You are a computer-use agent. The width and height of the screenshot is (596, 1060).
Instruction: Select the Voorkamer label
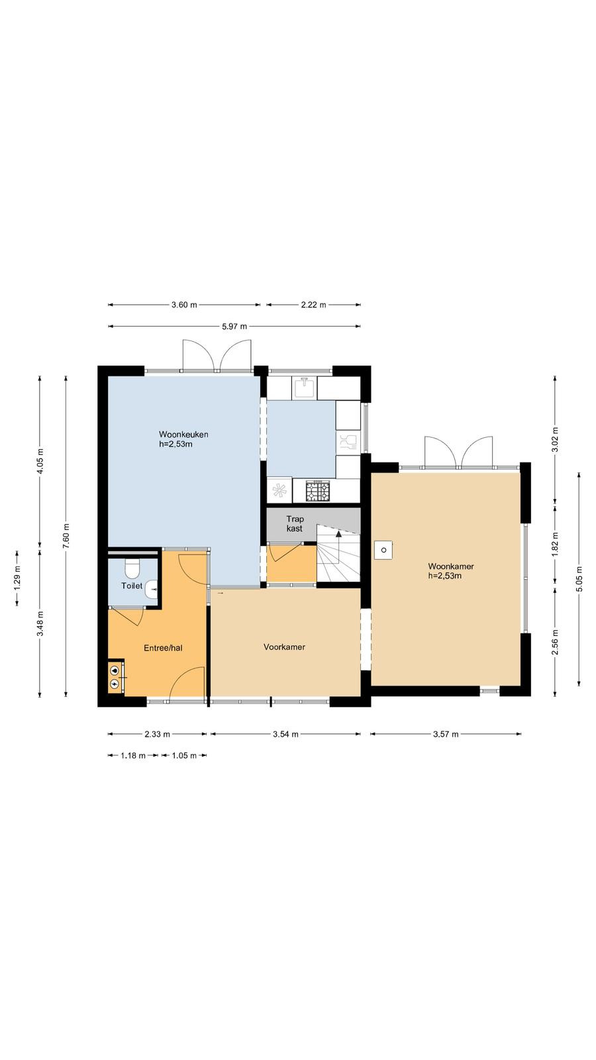(x=284, y=647)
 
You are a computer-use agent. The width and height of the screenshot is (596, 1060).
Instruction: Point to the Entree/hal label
(x=163, y=648)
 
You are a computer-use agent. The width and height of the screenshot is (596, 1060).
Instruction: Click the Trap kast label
(x=295, y=524)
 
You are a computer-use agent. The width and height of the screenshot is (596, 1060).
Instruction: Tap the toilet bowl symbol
(x=132, y=569)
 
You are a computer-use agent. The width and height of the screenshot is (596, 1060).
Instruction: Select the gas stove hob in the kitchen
(x=317, y=491)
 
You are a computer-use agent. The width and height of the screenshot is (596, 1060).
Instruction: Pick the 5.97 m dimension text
(x=234, y=326)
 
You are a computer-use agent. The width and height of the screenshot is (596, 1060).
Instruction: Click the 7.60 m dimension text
(x=66, y=536)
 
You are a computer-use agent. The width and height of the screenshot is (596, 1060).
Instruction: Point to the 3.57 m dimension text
(x=446, y=734)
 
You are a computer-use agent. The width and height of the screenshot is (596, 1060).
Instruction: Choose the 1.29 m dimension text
(x=17, y=577)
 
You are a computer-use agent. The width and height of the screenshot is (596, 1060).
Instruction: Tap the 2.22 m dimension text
(x=313, y=305)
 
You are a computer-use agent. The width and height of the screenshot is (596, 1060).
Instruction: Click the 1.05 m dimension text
(x=183, y=755)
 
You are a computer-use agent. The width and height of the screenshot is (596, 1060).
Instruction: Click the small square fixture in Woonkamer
(x=383, y=550)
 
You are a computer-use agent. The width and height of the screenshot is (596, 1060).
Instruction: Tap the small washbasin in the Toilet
(x=152, y=589)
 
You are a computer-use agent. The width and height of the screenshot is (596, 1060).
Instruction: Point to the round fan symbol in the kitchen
(x=279, y=490)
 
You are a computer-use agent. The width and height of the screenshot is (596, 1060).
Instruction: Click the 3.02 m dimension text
(x=556, y=440)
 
